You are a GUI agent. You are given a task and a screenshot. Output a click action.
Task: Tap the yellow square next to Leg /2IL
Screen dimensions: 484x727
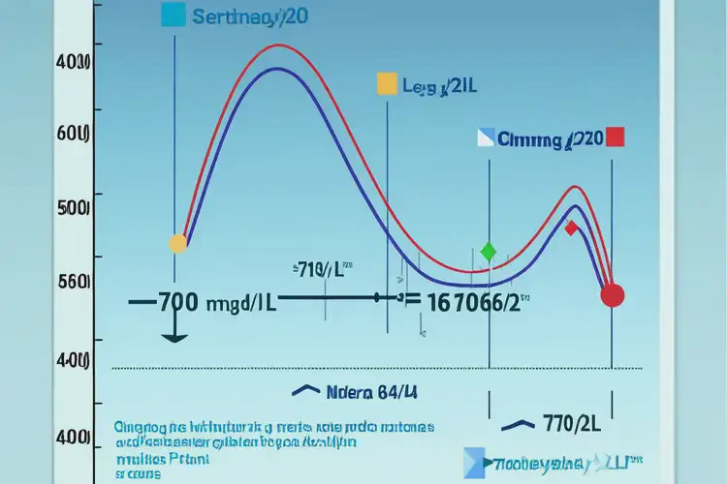click(387, 84)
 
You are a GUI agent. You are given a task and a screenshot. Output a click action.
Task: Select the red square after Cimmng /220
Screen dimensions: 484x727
click(615, 137)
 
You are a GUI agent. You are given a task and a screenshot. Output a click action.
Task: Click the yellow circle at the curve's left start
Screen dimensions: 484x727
click(177, 243)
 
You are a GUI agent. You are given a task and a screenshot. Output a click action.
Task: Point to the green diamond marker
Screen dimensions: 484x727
click(489, 252)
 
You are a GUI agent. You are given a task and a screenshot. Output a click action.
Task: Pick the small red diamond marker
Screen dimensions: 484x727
click(571, 228)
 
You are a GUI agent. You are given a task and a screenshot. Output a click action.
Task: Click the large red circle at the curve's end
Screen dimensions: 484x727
click(612, 295)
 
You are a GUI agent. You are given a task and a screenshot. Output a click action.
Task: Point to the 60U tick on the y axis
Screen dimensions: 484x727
click(73, 134)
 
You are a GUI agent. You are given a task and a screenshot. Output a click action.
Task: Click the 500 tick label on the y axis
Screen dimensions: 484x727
click(73, 207)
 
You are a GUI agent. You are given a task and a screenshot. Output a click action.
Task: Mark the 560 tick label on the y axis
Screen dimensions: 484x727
click(73, 282)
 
